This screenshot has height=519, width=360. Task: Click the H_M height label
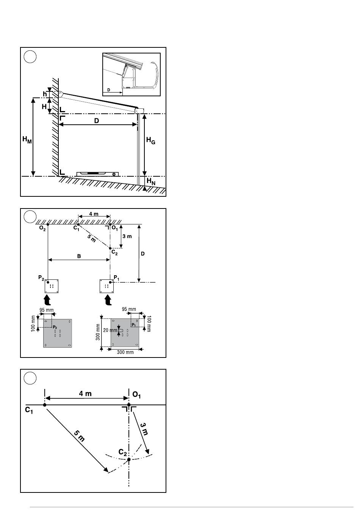pos(27,140)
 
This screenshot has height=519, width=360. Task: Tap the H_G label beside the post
pos(150,140)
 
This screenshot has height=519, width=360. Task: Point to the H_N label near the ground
pos(151,181)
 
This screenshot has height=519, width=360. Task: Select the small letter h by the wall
pos(45,94)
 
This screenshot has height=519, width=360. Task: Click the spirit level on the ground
pos(97,174)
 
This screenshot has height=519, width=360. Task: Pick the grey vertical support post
pos(138,149)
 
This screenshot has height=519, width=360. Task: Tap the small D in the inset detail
pos(109,90)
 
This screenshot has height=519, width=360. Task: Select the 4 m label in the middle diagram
pos(94,214)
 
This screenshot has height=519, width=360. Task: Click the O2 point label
pos(42,228)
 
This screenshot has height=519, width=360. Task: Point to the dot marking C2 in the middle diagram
pos(110,248)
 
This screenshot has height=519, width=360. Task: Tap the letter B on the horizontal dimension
pos(79,256)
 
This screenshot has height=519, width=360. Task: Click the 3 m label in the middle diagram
pos(127,236)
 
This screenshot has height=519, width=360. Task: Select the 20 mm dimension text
pos(110,330)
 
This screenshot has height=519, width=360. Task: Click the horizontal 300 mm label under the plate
pos(125,353)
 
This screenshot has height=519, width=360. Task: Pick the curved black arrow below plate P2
pos(48,300)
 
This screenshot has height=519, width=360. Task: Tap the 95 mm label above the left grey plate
pos(47,310)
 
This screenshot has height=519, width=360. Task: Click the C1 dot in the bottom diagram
pos(45,405)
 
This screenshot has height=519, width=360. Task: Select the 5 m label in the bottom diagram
pos(79,436)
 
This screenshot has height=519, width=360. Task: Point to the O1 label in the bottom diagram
pos(136,395)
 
